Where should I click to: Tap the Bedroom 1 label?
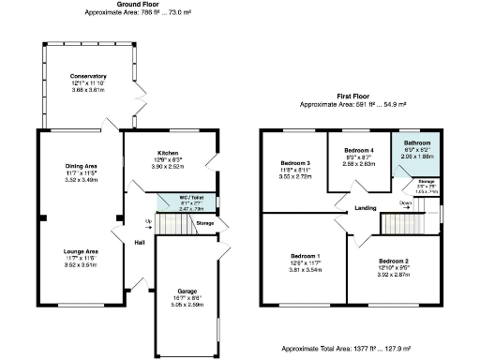[x=305, y=256]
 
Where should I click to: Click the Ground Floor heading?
[x=137, y=5]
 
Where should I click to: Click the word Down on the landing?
[x=404, y=202]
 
